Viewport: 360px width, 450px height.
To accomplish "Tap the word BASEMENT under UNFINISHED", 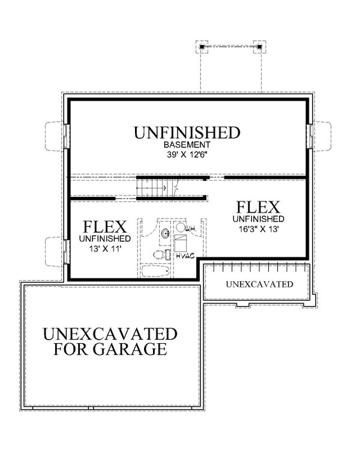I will (x=187, y=145).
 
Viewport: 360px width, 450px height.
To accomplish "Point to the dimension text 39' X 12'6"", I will (x=187, y=154).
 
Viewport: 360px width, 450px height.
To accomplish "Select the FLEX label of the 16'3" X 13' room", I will (x=258, y=208).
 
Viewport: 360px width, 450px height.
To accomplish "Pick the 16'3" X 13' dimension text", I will (x=258, y=229).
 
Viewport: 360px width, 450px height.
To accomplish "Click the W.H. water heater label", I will (x=191, y=229).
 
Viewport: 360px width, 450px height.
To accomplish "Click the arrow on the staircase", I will (x=162, y=188).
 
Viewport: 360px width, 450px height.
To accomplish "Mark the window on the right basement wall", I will (x=310, y=136).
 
